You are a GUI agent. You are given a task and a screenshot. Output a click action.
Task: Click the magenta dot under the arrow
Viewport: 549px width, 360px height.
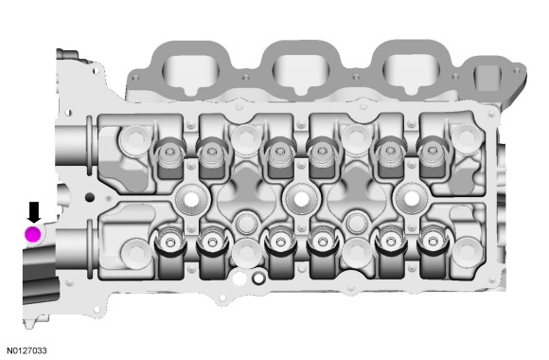point(32,234)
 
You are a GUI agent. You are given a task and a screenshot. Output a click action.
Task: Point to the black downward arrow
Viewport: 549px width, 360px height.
point(34,212)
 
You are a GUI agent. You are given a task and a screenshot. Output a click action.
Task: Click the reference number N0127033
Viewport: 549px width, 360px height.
point(27,351)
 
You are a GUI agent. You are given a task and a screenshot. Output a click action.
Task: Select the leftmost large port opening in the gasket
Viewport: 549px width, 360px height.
point(190,71)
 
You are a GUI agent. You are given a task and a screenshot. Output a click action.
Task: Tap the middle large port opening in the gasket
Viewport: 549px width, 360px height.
point(301,71)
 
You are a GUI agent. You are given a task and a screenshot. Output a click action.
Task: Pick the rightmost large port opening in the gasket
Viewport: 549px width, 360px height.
point(412,71)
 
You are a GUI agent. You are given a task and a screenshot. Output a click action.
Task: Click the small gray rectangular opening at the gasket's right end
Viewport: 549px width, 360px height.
point(487,78)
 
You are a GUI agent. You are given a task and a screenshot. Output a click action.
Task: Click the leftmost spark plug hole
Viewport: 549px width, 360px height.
point(191,200)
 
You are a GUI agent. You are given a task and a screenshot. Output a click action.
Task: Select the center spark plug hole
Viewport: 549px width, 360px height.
point(301,200)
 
